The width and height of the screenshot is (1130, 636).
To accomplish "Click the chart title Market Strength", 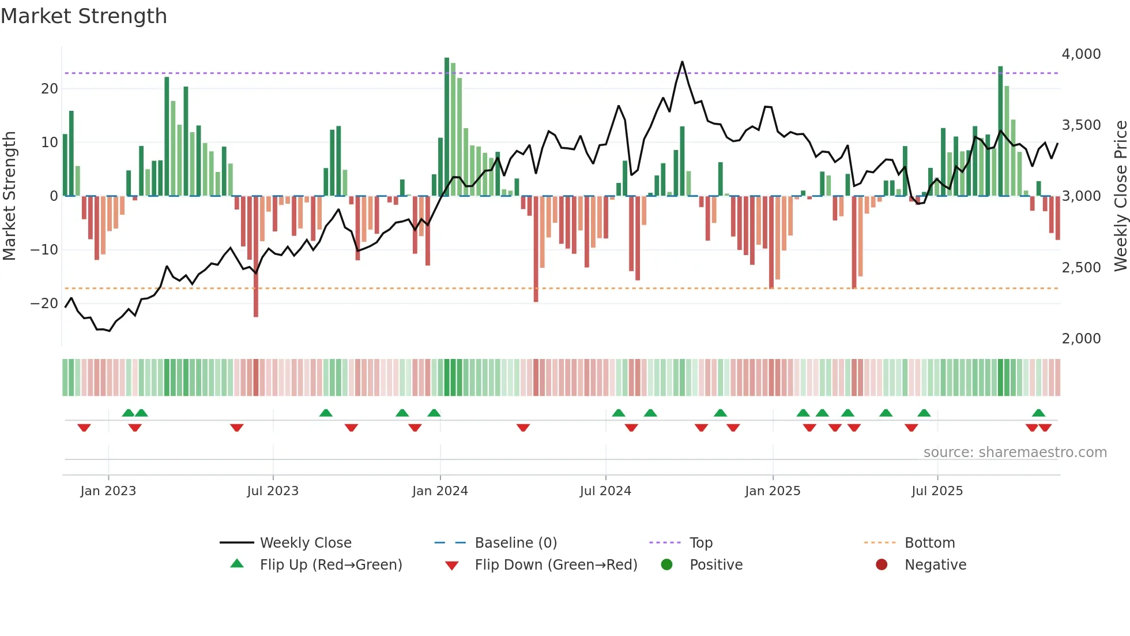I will click(x=84, y=16).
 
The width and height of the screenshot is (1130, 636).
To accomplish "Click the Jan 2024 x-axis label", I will click(x=440, y=491).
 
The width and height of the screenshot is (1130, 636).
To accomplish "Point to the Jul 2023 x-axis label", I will click(x=273, y=491).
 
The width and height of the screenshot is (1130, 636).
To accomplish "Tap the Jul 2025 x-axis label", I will click(x=937, y=491).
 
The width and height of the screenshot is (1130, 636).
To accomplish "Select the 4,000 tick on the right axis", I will click(x=1081, y=54).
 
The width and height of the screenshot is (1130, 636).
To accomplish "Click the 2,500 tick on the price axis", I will click(x=1081, y=268).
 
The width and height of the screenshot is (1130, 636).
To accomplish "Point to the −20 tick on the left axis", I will click(x=44, y=304).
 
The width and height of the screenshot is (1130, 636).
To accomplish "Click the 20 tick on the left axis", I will click(x=50, y=89).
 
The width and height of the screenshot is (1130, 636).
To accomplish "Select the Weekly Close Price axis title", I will click(x=1120, y=196).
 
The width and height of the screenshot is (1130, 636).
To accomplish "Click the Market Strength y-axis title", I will click(x=9, y=196).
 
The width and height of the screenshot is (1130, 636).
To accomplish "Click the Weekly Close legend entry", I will click(x=305, y=543).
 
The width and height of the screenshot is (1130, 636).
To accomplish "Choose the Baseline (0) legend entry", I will click(x=515, y=543).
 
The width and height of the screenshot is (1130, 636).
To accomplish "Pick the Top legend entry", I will click(x=700, y=543).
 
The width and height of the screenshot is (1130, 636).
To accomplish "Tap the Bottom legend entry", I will click(x=929, y=543).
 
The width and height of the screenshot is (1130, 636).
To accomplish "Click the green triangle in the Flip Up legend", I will click(x=237, y=564).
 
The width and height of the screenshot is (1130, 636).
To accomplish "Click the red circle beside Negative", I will click(x=882, y=564).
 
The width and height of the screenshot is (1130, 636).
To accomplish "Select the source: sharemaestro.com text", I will click(x=1015, y=452).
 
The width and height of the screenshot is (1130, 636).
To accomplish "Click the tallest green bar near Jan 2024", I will click(x=447, y=127).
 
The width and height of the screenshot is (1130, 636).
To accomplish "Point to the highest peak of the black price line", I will click(x=682, y=62).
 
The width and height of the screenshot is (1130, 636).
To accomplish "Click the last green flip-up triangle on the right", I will click(x=1038, y=413).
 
